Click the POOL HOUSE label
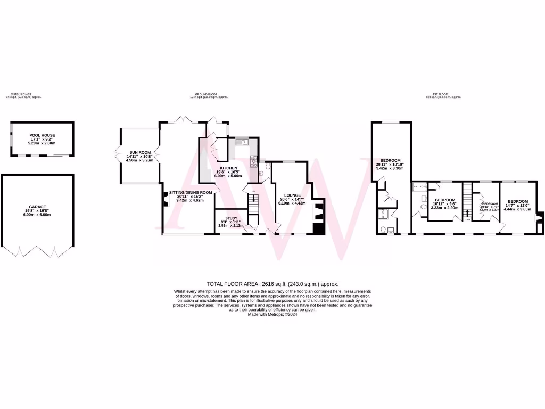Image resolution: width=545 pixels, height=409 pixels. click(42, 135)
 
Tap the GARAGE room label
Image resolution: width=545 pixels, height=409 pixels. click(38, 207)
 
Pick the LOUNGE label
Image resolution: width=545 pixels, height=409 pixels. click(293, 195)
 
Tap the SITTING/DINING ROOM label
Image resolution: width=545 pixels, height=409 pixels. click(191, 192)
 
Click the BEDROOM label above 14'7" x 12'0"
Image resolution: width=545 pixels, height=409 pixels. click(517, 201)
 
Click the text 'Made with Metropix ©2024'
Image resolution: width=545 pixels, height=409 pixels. click(272, 314)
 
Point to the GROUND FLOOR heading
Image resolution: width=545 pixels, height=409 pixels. click(209, 94)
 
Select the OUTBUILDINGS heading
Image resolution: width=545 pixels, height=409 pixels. click(23, 94)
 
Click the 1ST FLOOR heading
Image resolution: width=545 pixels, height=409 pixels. click(443, 94)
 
